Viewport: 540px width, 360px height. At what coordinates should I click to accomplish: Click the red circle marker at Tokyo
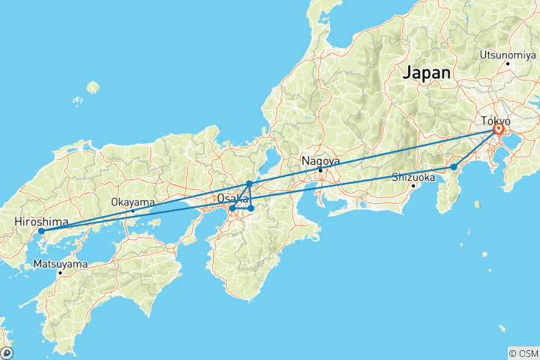click(498, 130)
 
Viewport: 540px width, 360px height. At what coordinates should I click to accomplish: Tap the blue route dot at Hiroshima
click(41, 232)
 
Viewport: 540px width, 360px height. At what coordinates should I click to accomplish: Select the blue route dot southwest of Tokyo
click(454, 167)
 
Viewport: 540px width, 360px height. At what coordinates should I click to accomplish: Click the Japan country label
click(427, 73)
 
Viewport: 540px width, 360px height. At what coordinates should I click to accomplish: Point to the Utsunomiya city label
click(506, 55)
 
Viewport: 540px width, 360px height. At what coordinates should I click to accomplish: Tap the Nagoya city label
click(320, 160)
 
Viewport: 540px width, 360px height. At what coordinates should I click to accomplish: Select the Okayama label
click(133, 202)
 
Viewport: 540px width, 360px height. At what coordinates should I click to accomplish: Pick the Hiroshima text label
click(41, 222)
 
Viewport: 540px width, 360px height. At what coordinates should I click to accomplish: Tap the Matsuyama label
click(60, 264)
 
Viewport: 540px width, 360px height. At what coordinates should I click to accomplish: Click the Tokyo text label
click(496, 121)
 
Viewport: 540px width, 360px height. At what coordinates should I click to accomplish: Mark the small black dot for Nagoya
click(320, 169)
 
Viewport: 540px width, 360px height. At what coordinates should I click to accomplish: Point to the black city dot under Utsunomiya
click(508, 64)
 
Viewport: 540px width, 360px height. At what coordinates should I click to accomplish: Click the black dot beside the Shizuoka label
click(413, 185)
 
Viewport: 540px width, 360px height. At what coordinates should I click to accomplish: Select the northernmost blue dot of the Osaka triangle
click(249, 184)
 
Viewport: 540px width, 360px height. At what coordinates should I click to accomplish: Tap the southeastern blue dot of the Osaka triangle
click(251, 208)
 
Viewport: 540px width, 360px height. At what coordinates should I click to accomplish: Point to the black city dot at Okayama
click(133, 211)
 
